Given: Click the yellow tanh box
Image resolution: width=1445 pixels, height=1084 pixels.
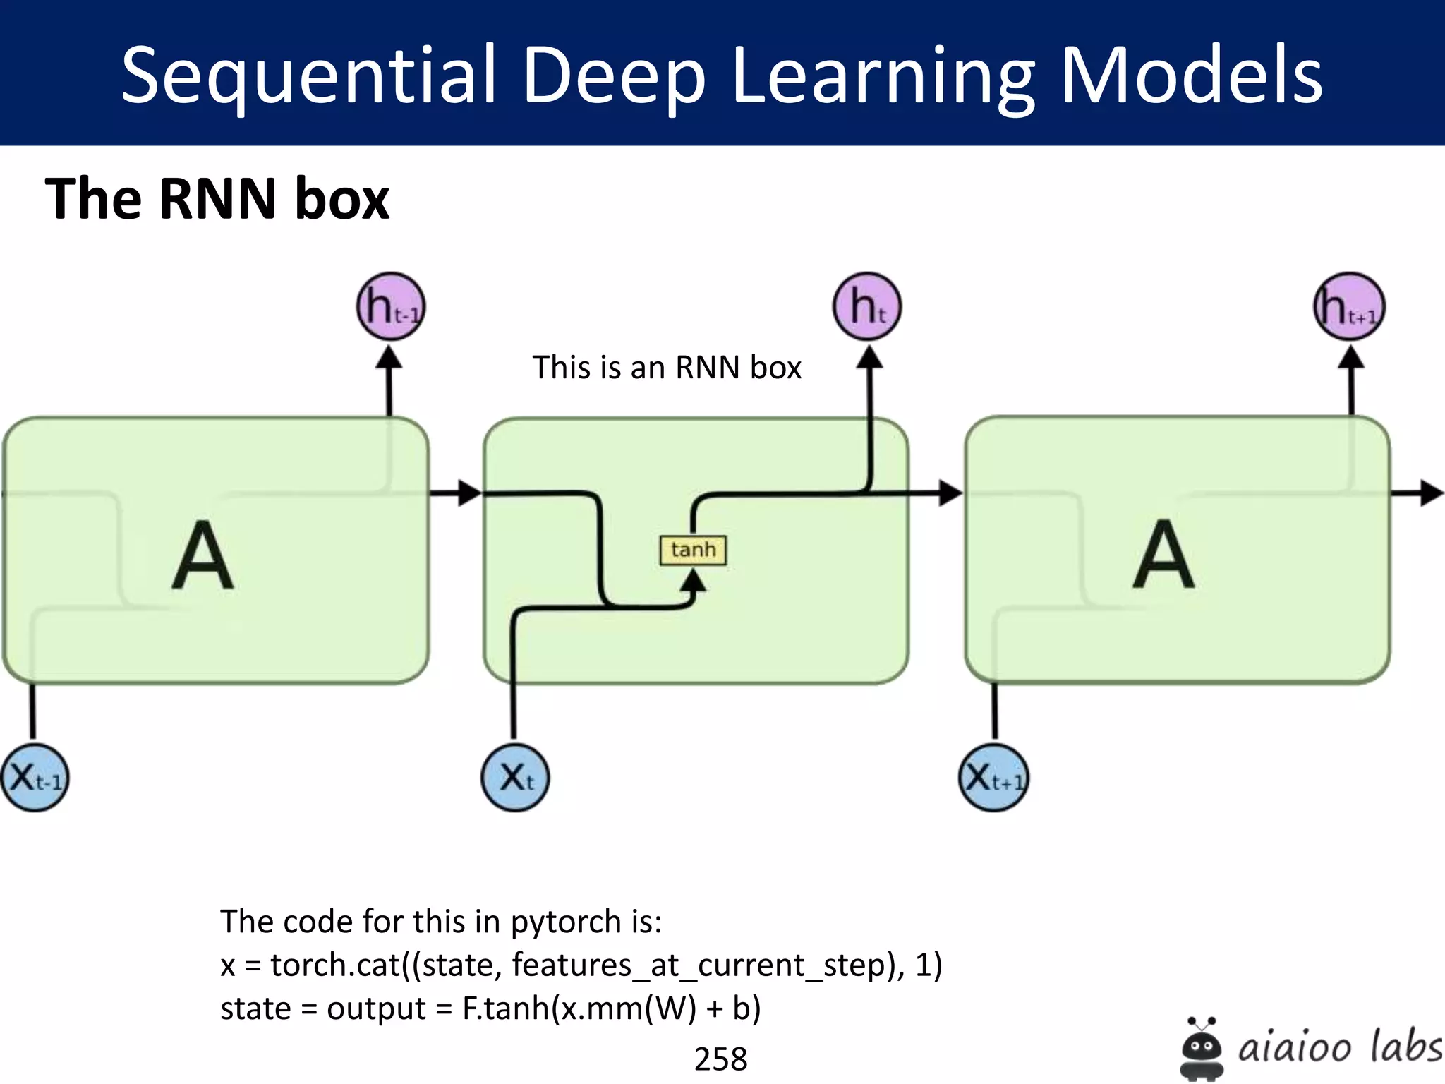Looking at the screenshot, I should [692, 550].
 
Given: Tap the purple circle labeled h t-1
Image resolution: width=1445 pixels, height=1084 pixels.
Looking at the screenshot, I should [391, 306].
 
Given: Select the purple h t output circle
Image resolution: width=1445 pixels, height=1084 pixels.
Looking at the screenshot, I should [867, 306].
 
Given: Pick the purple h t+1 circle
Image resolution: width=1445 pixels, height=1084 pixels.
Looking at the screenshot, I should [1349, 306].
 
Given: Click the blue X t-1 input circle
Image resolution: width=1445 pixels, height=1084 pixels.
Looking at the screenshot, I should [34, 778].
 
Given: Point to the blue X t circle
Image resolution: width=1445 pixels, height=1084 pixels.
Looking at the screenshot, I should [515, 778].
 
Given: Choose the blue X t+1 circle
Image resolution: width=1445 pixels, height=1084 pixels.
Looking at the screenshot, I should [993, 778].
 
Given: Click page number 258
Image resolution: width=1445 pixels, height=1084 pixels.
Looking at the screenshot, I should [720, 1059].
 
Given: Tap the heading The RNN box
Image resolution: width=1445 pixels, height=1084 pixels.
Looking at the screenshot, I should [217, 199].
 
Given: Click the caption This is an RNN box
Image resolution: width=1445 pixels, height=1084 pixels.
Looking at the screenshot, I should [666, 368].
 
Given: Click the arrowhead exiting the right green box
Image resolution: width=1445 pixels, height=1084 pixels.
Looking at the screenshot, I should [1431, 493].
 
